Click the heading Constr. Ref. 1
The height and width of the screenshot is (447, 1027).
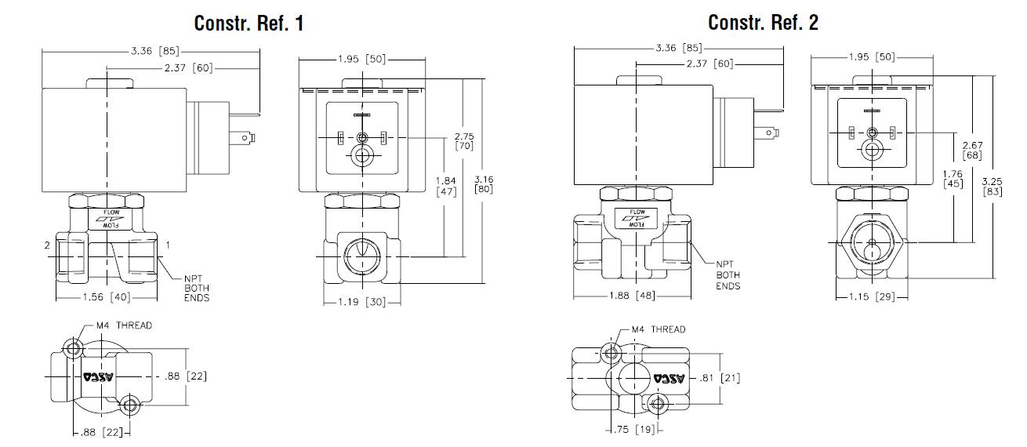pos(249,24)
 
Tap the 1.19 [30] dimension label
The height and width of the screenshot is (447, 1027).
pos(362,302)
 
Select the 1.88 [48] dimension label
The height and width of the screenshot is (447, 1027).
pos(631,296)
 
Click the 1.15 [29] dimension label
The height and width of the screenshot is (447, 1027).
pos(870,297)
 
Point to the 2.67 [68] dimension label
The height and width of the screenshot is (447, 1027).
pos(972,149)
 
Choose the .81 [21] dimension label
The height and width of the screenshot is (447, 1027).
pos(719,378)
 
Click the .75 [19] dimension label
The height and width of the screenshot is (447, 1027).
pos(634,429)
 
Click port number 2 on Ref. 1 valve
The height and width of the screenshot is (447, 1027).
pos(47,245)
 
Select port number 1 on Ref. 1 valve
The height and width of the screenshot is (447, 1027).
pos(167,245)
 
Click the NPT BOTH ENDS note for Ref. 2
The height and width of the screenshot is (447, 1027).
pos(728,275)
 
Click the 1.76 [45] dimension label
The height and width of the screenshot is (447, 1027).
pos(953,180)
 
